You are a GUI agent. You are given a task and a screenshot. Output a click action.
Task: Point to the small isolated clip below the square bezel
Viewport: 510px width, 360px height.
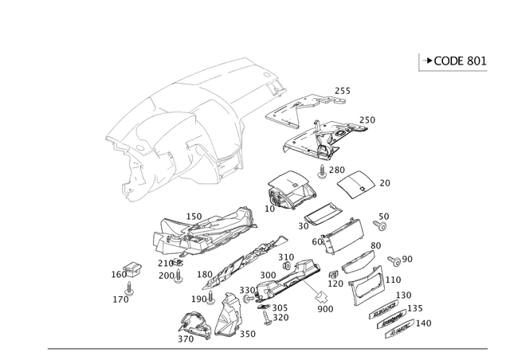(382, 219)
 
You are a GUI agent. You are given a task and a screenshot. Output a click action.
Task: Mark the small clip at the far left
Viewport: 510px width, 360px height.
(128, 272)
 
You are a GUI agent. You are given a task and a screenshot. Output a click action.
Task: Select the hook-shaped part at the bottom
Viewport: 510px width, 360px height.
(191, 324)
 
